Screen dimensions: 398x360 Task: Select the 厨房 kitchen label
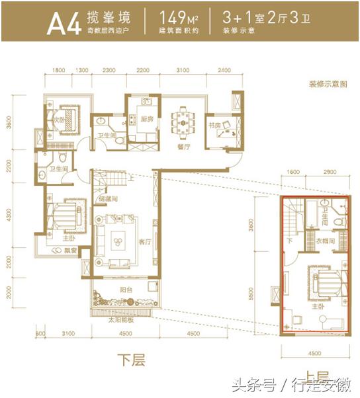(x=146, y=119)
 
